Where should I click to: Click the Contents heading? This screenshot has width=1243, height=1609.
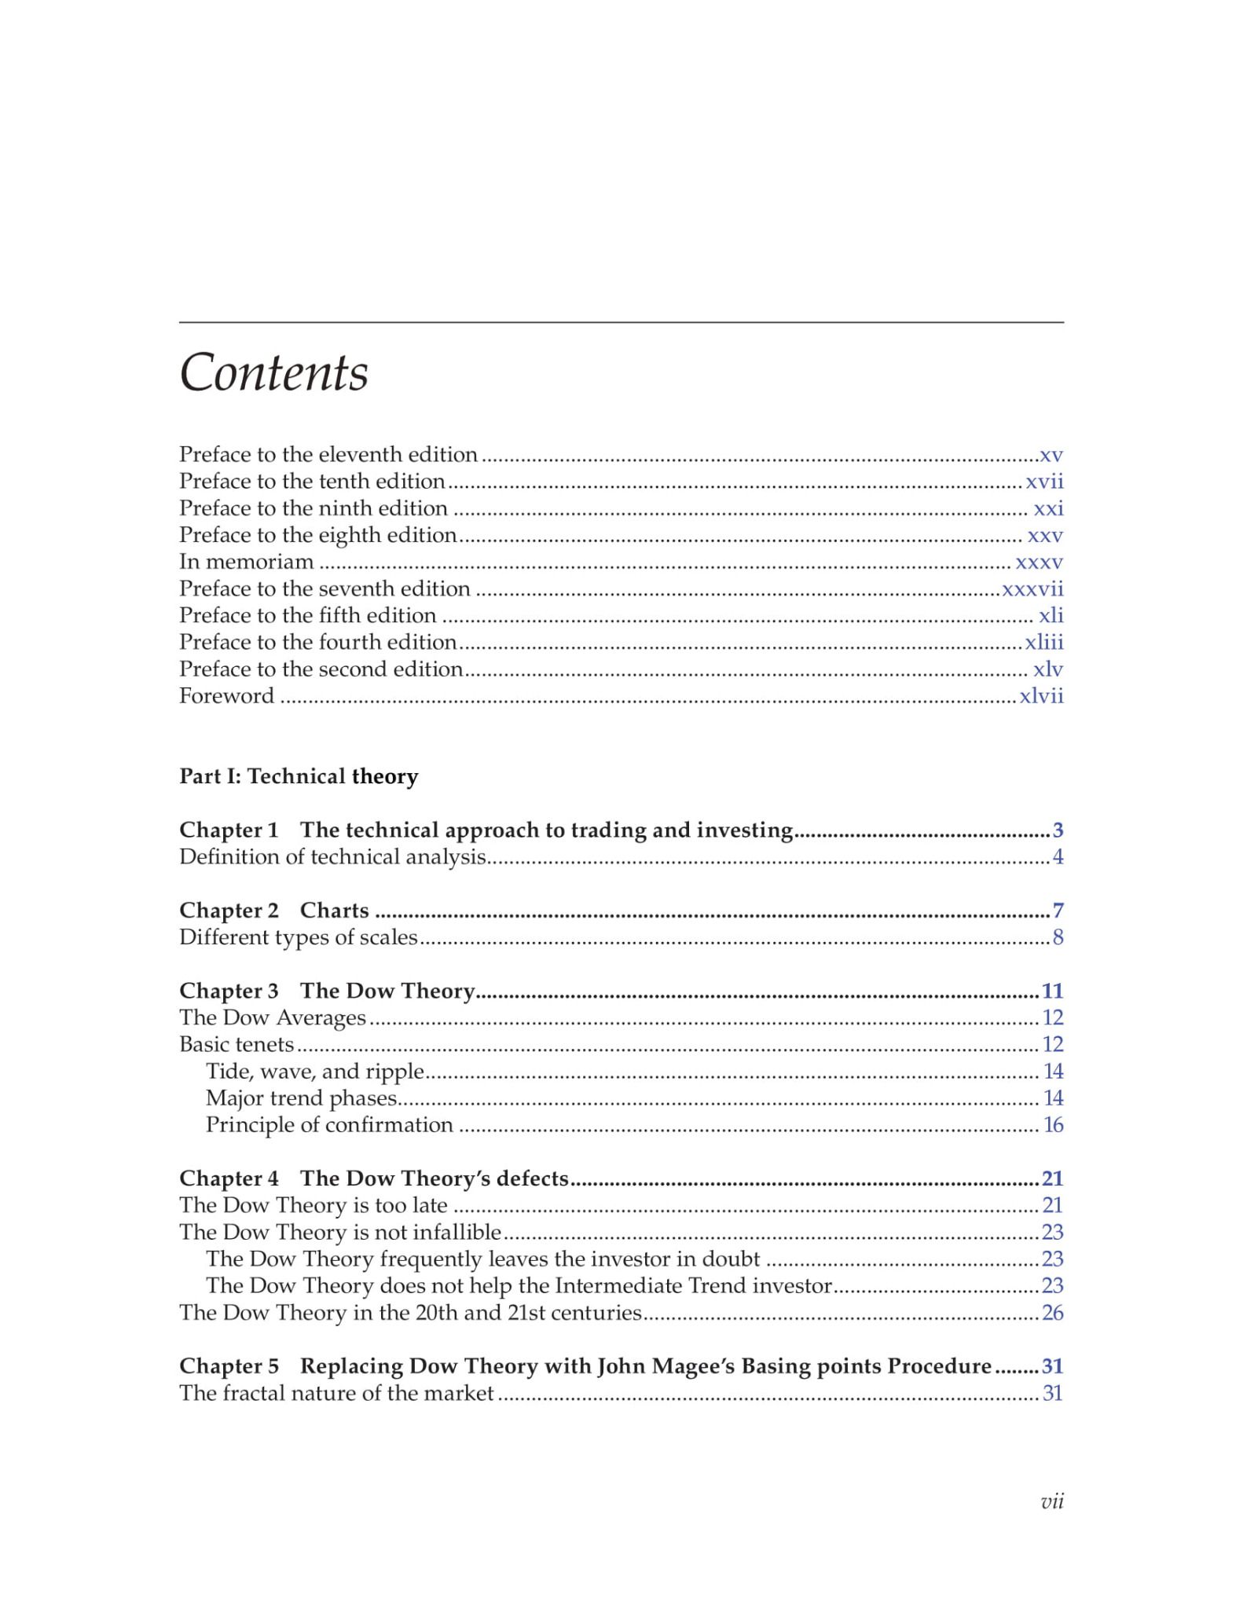click(x=273, y=372)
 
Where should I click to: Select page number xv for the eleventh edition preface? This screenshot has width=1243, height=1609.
click(x=1050, y=455)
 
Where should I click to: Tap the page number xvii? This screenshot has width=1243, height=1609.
click(x=1044, y=482)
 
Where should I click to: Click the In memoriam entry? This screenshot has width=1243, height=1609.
click(x=246, y=562)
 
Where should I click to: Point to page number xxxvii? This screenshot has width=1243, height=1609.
click(x=1032, y=589)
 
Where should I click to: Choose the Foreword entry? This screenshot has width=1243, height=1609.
click(x=226, y=696)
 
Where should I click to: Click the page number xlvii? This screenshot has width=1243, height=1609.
click(x=1041, y=696)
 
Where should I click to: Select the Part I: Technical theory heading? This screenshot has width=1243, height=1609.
click(x=299, y=776)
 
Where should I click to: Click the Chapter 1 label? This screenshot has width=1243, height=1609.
click(x=229, y=830)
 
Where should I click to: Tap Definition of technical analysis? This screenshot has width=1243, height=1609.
click(x=332, y=857)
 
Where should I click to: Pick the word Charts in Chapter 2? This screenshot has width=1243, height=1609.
click(x=334, y=911)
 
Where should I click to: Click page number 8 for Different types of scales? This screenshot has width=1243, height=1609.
click(x=1058, y=937)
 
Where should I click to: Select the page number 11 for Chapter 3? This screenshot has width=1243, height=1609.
click(x=1052, y=991)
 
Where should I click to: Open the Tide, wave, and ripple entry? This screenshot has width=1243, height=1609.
click(x=315, y=1072)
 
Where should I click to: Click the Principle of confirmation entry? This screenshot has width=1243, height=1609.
click(x=329, y=1125)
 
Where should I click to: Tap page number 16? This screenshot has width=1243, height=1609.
click(x=1053, y=1125)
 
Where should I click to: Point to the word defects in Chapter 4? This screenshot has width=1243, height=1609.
click(x=532, y=1178)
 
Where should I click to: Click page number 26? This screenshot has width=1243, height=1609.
click(x=1052, y=1313)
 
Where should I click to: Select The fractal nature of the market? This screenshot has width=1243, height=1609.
click(x=336, y=1393)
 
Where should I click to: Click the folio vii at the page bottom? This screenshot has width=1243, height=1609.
click(x=1051, y=1502)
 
